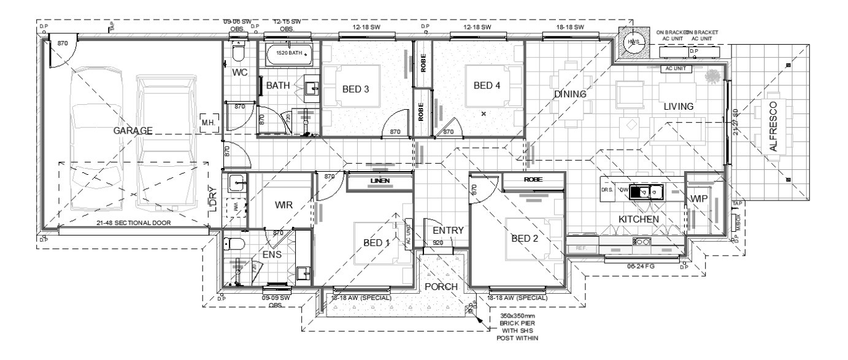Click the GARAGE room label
click(x=133, y=130)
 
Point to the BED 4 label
click(x=487, y=85)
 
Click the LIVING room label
click(x=678, y=107)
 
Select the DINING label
click(x=570, y=94)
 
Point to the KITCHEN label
click(x=638, y=219)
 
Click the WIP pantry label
click(x=700, y=199)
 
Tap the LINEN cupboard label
click(x=379, y=182)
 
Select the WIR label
click(x=283, y=204)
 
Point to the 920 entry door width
click(x=438, y=243)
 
